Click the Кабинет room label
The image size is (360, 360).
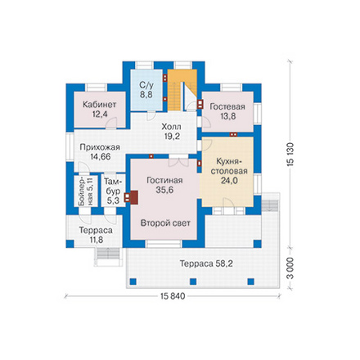[x=100, y=105]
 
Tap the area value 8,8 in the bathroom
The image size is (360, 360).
[x=146, y=95]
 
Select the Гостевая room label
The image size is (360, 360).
[x=227, y=106]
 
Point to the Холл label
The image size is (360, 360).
[x=171, y=127]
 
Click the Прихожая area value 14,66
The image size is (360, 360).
[x=101, y=156]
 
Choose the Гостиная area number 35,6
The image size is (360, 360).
[x=164, y=190]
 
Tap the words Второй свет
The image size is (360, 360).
[x=165, y=223]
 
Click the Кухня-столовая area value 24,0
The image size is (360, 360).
[x=229, y=181]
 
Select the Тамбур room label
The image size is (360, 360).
[x=113, y=187]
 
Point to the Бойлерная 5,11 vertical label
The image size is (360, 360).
[x=86, y=191]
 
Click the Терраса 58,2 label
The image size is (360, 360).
[x=206, y=263]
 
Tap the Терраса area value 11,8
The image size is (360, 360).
[x=95, y=240]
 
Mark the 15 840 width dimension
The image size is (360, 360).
[x=173, y=296]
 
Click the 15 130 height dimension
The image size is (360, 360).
[x=290, y=154]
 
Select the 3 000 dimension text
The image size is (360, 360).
[x=290, y=268]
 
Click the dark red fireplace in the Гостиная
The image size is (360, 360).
[x=134, y=197]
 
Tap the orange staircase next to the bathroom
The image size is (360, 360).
[x=175, y=90]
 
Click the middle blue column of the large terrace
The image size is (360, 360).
[x=193, y=281]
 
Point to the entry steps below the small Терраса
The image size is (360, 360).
[x=108, y=254]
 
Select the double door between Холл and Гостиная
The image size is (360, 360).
[x=178, y=161]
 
